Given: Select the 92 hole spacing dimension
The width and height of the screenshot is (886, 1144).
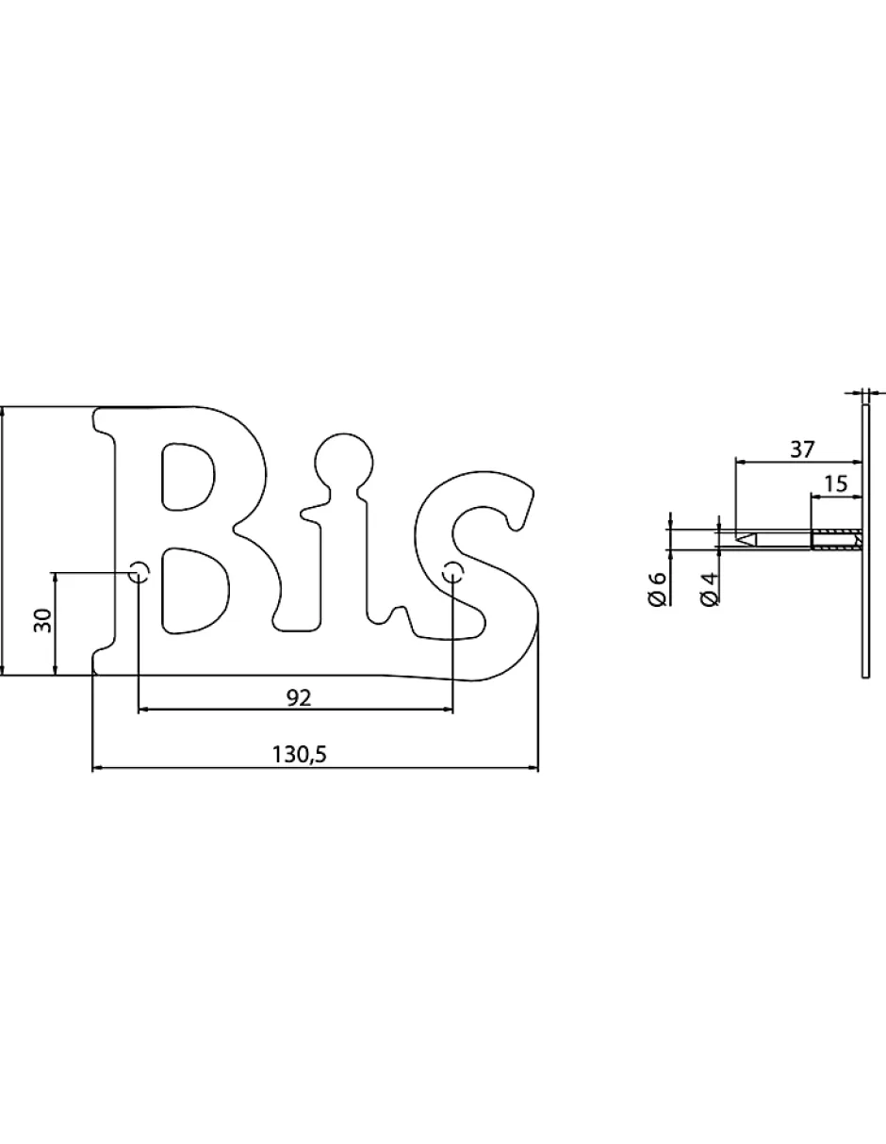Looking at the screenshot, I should (x=298, y=697).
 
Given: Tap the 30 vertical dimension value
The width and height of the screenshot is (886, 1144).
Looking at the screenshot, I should (x=42, y=621).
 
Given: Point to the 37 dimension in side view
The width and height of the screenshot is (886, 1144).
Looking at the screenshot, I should (x=801, y=449).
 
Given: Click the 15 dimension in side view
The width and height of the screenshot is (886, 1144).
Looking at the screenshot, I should (x=835, y=482).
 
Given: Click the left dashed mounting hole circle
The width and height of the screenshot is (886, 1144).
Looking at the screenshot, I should (x=139, y=571).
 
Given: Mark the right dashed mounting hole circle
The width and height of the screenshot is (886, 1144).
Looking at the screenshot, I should (x=453, y=570).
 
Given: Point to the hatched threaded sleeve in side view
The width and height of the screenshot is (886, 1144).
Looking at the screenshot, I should (x=836, y=540).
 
